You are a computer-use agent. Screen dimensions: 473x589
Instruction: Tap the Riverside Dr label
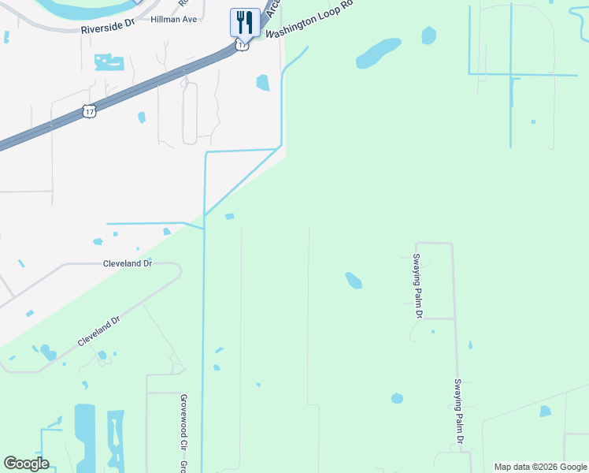108,28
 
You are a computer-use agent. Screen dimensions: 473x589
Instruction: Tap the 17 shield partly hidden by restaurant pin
242,45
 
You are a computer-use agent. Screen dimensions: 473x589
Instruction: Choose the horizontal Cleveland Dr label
127,263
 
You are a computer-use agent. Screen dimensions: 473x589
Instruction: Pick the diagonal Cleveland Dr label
99,331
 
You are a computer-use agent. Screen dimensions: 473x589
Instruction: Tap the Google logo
26,464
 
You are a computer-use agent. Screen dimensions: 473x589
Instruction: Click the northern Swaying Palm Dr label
418,285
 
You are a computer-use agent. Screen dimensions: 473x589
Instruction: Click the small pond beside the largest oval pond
428,35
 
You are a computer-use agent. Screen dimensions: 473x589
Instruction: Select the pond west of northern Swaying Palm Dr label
354,280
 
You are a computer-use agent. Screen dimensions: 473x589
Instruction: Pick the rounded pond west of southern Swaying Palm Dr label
397,399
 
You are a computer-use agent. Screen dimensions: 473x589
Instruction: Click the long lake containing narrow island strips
116,438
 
